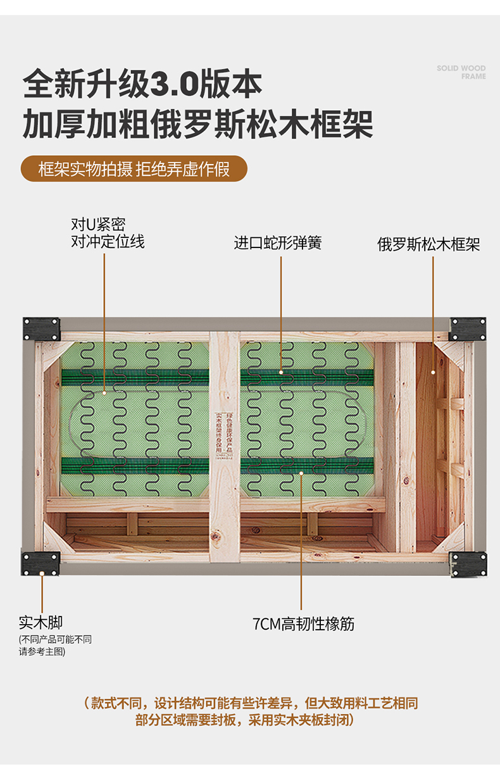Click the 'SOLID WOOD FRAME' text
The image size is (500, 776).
461,72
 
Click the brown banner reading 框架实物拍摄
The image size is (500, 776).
134,169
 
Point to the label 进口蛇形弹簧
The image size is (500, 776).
278,242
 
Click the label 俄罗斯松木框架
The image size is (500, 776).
428,244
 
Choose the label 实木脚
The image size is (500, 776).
41,622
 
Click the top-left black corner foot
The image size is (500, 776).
41,329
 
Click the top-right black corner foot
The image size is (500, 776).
468,329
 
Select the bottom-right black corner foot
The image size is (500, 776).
468,564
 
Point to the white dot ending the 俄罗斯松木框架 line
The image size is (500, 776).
434,372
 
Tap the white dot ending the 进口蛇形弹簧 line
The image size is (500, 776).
281,372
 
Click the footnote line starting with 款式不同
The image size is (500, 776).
251,703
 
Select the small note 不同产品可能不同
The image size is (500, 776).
55,639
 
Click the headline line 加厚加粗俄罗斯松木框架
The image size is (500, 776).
197,123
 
